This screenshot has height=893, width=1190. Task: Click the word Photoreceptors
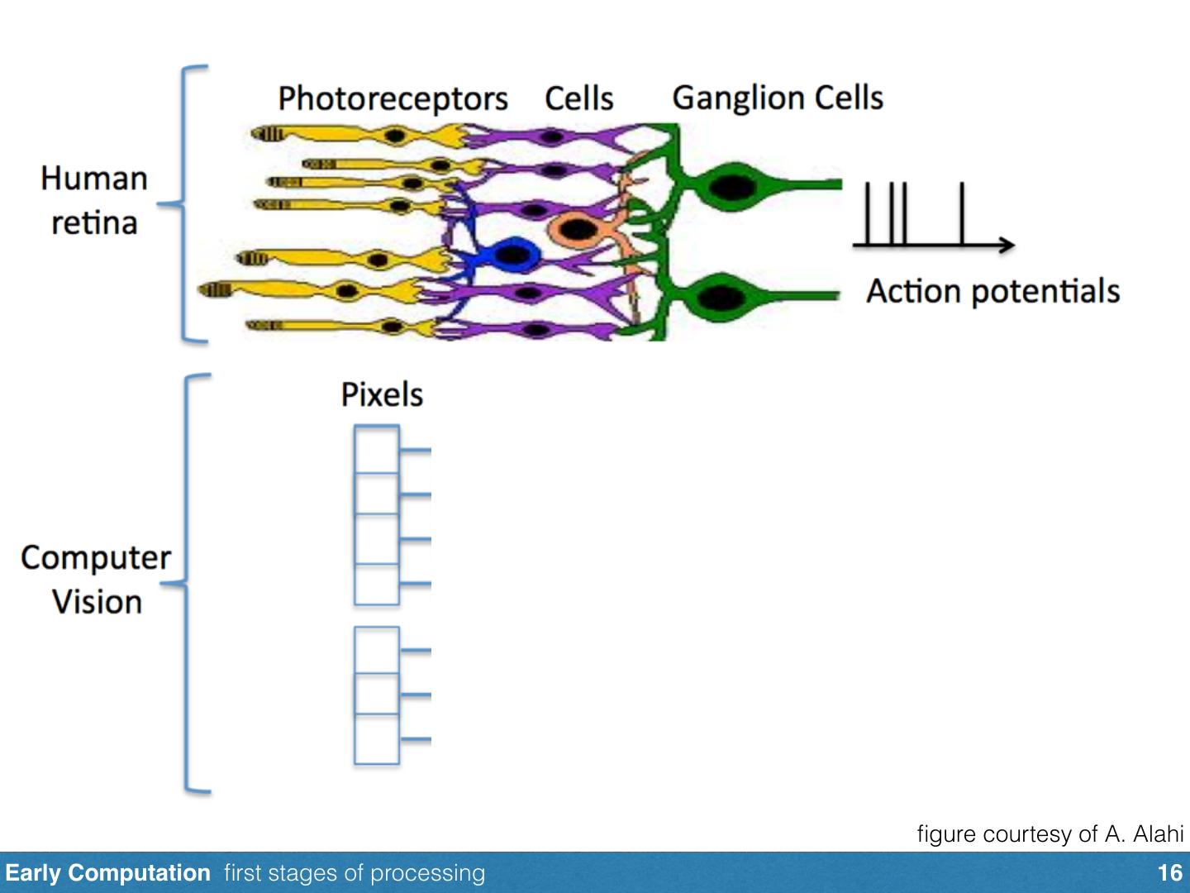coord(393,98)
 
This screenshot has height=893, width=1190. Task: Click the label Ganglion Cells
coord(778,98)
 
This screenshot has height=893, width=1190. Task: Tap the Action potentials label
coord(992,291)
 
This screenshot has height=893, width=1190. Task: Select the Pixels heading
coord(382,394)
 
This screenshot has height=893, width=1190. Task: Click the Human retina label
coord(94,200)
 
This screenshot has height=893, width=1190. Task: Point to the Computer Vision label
coord(96,580)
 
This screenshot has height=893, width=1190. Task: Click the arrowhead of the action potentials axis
coord(1006,244)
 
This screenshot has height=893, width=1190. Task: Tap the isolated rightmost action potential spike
coord(962,213)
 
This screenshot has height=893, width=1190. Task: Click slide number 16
coord(1169,873)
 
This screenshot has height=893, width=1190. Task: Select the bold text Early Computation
coord(107,873)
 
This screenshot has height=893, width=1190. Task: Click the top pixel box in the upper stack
coord(377,449)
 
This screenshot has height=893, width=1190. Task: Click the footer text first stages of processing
coord(355,873)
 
